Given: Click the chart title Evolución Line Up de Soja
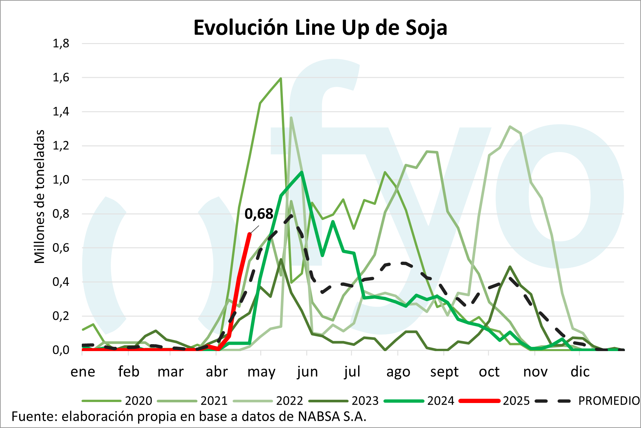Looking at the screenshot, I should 320,28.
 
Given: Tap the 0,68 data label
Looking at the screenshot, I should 259,214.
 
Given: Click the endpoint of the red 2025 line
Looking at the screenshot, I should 250,234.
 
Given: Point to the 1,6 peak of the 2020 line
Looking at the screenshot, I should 281,79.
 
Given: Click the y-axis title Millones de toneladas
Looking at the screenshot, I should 40,197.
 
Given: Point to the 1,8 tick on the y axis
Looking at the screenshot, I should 61,43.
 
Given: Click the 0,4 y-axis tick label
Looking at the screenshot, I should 61,282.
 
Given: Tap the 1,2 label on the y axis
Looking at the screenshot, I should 61,146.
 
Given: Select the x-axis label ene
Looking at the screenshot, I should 83,372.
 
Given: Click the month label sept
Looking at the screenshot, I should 444,372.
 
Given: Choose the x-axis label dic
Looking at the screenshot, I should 580,372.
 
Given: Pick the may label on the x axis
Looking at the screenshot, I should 261,372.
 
